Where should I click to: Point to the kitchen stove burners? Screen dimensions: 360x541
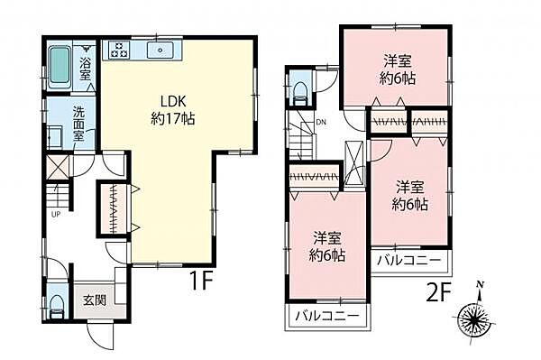pos(117,51)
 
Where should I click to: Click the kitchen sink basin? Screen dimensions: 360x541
pos(162,51)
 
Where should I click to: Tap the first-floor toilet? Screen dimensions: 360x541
pos(55,302)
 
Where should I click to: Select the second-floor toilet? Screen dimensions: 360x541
pos(299,88)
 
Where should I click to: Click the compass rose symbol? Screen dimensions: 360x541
pos(475,318)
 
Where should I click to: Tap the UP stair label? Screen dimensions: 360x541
pos(56,214)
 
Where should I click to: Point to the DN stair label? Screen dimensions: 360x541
pos(320,124)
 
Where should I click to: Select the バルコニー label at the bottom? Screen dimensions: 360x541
pos(328,316)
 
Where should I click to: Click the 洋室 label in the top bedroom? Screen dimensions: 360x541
pos(397,60)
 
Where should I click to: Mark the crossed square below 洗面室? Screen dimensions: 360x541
pos(56,166)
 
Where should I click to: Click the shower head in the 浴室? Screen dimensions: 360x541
pos(87,50)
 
